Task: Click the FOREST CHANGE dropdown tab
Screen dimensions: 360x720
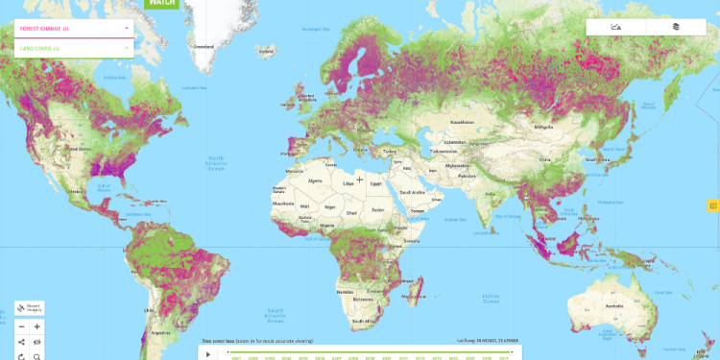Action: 72,29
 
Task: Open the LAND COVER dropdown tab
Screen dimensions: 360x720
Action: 72,48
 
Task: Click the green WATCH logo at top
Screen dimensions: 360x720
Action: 159,4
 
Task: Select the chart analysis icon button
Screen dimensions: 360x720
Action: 616,27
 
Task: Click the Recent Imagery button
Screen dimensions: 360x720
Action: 28,309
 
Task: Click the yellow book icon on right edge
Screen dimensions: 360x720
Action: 712,204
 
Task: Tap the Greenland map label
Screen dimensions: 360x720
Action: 204,46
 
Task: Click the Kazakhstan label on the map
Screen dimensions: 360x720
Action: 464,122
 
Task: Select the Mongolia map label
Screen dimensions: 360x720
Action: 544,127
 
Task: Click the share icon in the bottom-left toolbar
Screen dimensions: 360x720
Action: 21,341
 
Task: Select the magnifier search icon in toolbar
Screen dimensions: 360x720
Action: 37,356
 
